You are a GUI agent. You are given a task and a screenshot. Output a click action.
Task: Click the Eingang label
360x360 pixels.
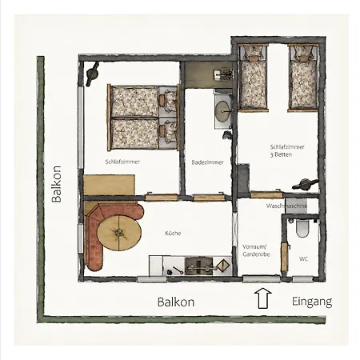[x=312, y=302]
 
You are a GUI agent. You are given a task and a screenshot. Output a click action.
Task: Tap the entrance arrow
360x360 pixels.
[x=262, y=298]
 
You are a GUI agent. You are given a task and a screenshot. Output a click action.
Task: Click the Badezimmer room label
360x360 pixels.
[x=207, y=162]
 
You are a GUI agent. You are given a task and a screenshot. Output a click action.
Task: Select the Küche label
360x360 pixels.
[x=173, y=233]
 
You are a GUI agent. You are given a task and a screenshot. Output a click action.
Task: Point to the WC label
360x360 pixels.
[x=303, y=258]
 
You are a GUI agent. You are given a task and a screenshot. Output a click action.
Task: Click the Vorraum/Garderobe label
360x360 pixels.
[x=256, y=250]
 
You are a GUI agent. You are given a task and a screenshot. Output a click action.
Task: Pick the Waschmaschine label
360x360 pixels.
[x=286, y=206]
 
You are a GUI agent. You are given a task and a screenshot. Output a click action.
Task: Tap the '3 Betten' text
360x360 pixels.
[x=281, y=154]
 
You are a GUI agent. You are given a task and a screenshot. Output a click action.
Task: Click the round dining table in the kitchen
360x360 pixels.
[x=119, y=233]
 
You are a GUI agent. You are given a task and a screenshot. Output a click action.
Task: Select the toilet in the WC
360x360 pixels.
[x=302, y=228]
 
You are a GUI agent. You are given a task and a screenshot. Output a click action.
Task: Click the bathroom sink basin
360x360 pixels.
[x=222, y=110]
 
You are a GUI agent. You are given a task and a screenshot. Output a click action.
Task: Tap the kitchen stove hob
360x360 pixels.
[x=199, y=266]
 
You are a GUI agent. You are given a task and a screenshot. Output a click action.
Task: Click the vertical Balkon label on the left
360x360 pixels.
[x=57, y=184]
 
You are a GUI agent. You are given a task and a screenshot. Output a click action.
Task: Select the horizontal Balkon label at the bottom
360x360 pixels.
[x=176, y=302]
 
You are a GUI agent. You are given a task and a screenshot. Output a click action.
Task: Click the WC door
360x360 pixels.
[x=285, y=257]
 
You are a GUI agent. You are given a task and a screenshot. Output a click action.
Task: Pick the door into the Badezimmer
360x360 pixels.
[x=209, y=198]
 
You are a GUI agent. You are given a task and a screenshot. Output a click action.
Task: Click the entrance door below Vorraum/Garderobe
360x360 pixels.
[x=262, y=278]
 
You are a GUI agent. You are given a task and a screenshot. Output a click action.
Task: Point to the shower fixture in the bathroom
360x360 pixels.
[x=224, y=74]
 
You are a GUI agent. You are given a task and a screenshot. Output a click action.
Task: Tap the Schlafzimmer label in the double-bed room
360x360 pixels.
[x=122, y=162]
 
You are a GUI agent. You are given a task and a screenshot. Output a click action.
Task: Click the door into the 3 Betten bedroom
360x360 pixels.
[x=266, y=194]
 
